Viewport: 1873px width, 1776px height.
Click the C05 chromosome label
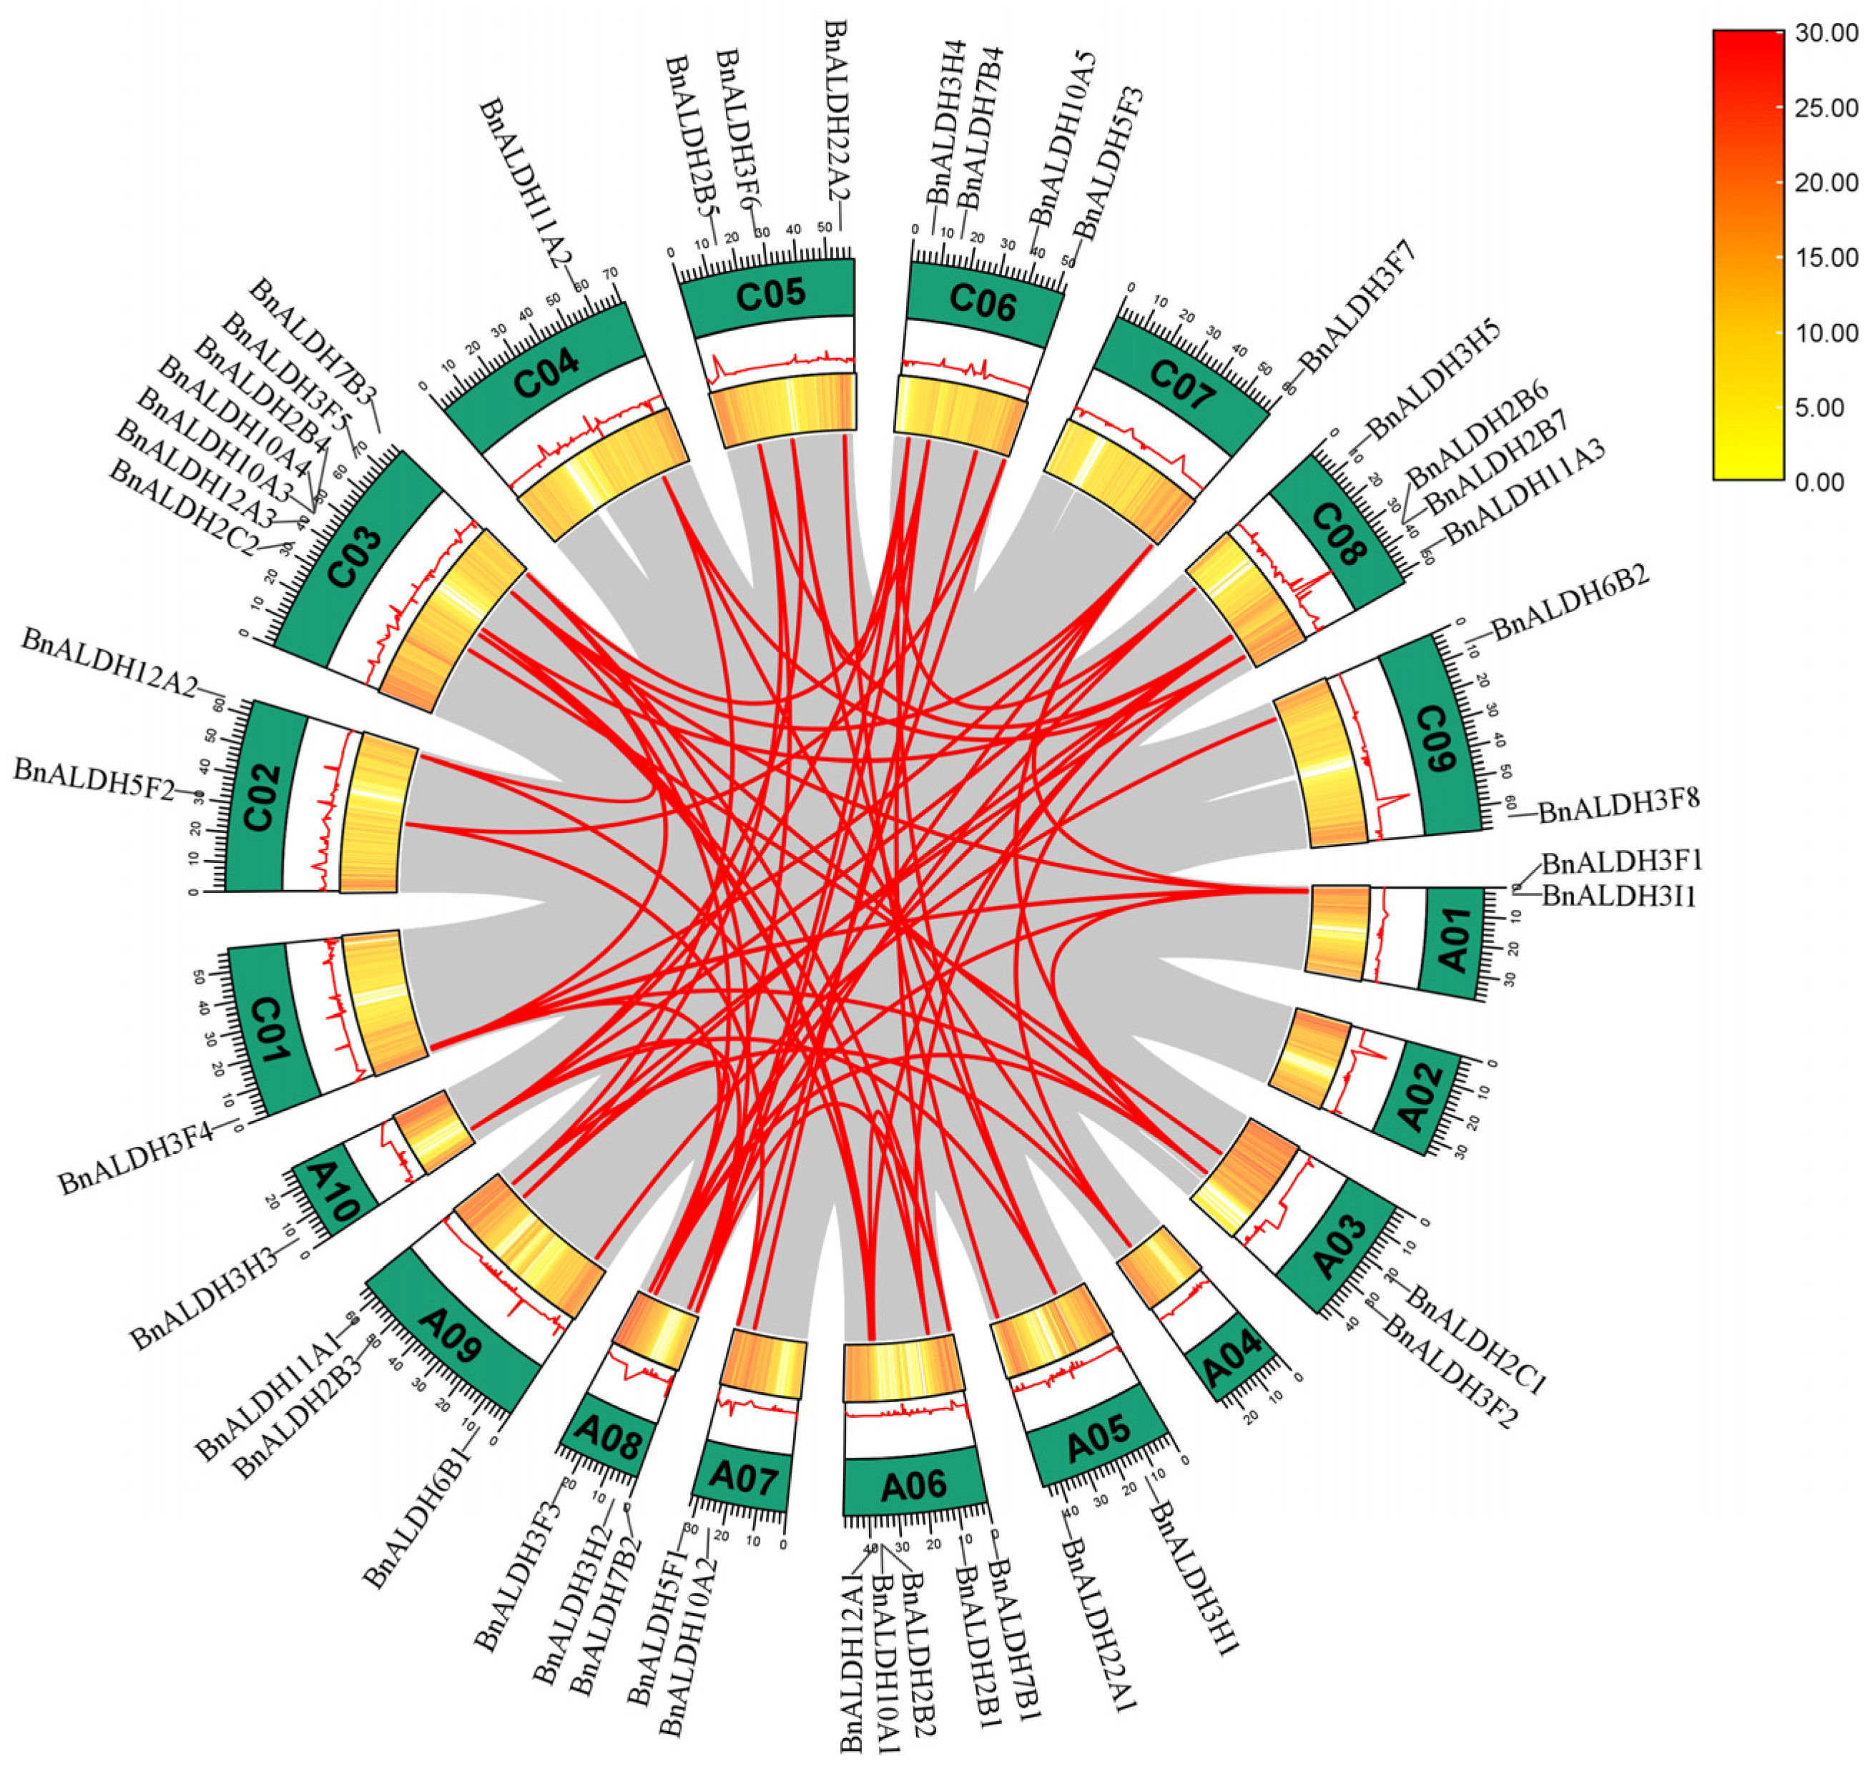[771, 295]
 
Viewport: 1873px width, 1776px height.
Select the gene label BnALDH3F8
[1618, 806]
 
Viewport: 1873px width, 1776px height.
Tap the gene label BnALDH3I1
[1618, 894]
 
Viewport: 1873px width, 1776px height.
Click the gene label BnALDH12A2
[108, 662]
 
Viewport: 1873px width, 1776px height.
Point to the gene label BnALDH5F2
[94, 783]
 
